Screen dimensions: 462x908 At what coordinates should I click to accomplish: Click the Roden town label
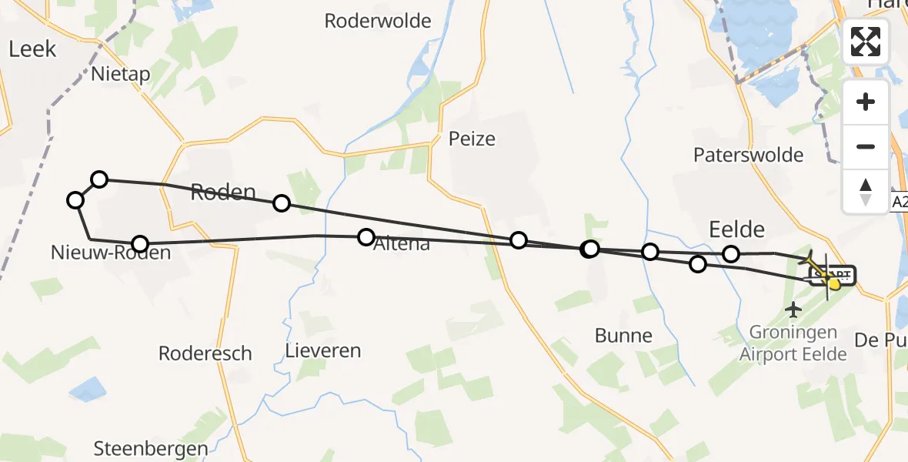(x=223, y=192)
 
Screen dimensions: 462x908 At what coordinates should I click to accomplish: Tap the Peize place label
(x=472, y=139)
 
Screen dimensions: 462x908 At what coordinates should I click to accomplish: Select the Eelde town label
(x=736, y=229)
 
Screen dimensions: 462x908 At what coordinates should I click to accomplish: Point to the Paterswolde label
(x=748, y=155)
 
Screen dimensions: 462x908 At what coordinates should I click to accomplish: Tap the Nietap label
(x=120, y=74)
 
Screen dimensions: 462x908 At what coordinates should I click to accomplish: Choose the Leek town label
(x=32, y=49)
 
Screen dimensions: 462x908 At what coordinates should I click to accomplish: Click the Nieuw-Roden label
(x=111, y=252)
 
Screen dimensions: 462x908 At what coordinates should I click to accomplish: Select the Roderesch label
(x=205, y=353)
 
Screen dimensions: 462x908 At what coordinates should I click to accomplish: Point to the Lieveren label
(x=322, y=351)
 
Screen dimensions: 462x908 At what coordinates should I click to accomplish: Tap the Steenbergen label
(x=151, y=449)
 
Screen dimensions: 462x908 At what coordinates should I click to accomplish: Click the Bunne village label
(x=623, y=336)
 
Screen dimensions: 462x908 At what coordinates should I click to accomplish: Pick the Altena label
(x=402, y=246)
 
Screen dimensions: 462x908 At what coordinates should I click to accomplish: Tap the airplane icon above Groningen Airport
(x=793, y=310)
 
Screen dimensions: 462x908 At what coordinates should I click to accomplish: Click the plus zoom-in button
(x=866, y=102)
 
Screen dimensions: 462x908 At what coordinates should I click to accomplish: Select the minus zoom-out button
(x=866, y=146)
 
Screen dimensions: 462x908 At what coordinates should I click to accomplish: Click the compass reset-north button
(x=866, y=190)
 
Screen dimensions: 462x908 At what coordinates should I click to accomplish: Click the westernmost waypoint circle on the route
(x=75, y=201)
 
